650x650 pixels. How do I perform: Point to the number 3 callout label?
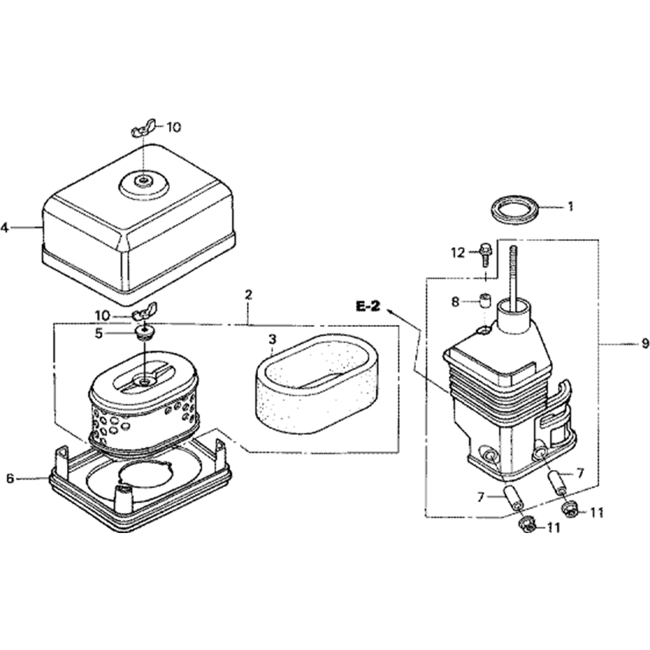coord(272,339)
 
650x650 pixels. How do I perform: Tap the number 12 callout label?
coord(459,252)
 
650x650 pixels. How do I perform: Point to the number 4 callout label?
coord(5,227)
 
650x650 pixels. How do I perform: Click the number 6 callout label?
coord(10,478)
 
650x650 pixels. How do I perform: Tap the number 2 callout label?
coord(248,294)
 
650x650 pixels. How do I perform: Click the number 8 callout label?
coord(455,302)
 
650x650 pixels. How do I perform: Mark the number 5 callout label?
coord(99,333)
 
